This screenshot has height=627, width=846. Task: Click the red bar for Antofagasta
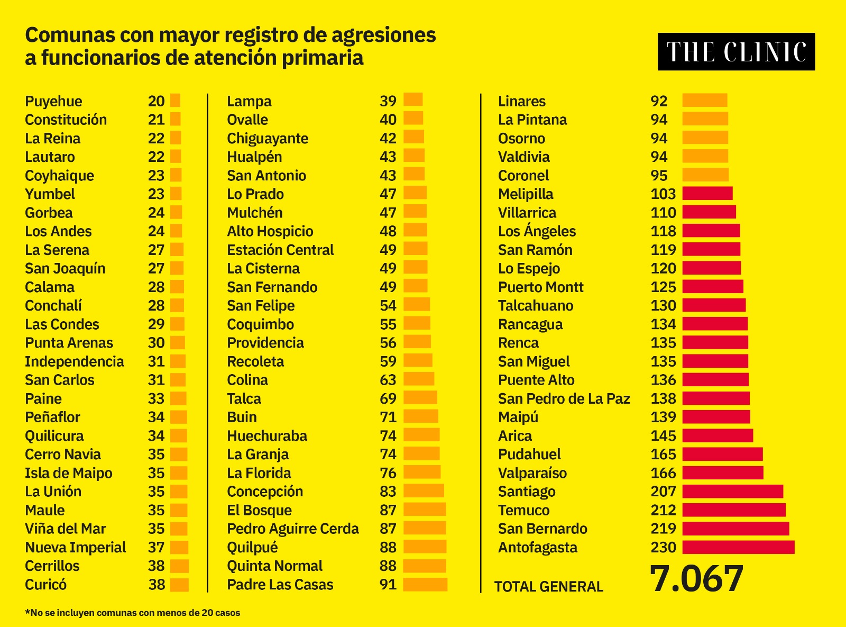coord(738,547)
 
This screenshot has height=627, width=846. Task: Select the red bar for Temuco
coord(734,510)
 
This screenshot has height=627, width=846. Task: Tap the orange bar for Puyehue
coord(175,101)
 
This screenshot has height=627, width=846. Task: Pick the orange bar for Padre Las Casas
coord(425,585)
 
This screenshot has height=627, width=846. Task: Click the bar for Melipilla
coord(707,194)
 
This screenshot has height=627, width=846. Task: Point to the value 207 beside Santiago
coord(663,492)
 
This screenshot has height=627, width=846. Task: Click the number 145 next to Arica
coord(663,436)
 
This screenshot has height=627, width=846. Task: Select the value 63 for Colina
coord(388,380)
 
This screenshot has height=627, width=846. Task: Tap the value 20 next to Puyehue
coord(156,101)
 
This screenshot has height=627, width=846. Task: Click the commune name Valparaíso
coord(532,473)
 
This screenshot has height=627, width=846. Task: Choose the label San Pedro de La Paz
coord(564,398)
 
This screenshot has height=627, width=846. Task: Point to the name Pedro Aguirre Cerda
coord(292,529)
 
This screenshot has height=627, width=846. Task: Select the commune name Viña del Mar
coord(65,529)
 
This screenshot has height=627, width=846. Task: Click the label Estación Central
coord(280,250)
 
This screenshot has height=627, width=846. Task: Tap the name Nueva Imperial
coord(75,547)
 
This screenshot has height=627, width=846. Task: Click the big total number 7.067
coord(696,579)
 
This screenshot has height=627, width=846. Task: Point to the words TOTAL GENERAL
coord(548,586)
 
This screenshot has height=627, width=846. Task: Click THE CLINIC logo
coord(736,52)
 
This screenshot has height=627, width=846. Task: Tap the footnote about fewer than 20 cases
coord(132,613)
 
